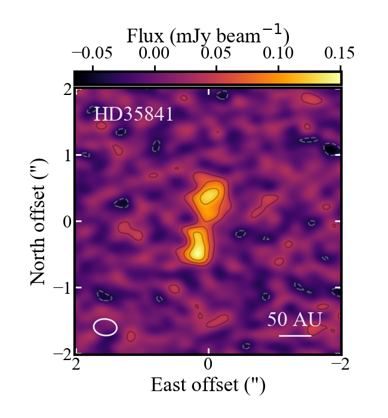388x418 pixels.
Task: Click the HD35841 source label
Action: [133, 114]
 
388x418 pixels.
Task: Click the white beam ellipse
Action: [105, 327]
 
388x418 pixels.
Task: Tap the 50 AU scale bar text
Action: [294, 319]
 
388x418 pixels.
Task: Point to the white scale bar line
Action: [295, 336]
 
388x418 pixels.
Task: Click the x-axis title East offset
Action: [208, 385]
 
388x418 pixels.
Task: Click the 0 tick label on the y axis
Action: [66, 222]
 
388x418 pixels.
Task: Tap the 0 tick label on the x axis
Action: [208, 364]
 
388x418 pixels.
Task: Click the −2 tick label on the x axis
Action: [337, 364]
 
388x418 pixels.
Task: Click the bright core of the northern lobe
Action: [209, 196]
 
